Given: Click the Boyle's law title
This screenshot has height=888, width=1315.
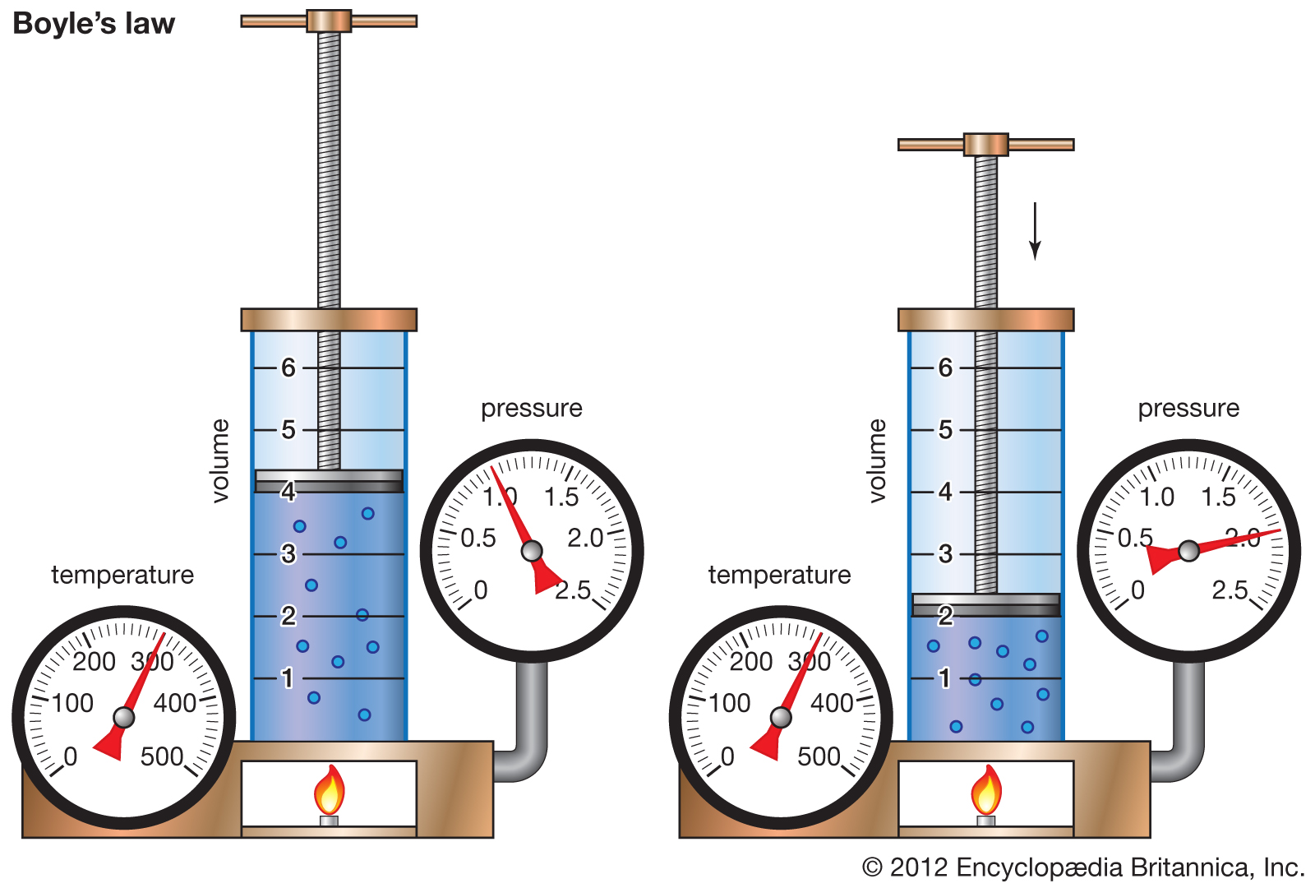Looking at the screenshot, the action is click(94, 25).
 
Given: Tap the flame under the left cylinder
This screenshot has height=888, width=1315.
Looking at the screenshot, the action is click(330, 790).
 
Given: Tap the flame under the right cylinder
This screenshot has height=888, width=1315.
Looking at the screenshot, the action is click(986, 790).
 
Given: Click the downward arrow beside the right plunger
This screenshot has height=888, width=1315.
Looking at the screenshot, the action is click(1035, 231).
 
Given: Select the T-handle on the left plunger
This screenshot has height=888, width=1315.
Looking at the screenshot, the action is click(329, 21).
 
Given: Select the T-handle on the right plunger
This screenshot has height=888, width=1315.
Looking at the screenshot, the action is click(986, 145).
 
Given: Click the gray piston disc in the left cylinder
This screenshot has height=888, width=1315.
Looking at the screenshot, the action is click(329, 481).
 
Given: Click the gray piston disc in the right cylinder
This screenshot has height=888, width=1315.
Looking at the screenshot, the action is click(986, 605).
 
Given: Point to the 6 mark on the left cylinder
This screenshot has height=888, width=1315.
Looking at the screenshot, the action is click(288, 368).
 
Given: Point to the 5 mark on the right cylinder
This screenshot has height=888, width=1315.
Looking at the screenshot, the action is click(945, 430).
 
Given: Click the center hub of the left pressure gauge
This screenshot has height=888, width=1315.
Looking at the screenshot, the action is click(532, 551).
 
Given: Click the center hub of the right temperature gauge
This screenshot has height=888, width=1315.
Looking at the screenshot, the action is click(781, 717).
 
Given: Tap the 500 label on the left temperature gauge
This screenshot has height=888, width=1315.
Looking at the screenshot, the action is click(162, 756).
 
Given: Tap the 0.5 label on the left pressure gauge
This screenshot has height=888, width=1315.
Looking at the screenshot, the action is click(478, 538).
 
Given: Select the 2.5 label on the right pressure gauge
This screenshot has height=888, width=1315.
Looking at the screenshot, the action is click(1230, 590).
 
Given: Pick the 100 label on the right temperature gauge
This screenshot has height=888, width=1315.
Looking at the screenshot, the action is click(730, 703).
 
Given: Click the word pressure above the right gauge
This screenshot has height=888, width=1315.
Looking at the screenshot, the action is click(1188, 409).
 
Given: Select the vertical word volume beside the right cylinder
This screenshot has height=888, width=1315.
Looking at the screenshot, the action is click(877, 461).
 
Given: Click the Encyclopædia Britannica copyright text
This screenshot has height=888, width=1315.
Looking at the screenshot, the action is click(1083, 867).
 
